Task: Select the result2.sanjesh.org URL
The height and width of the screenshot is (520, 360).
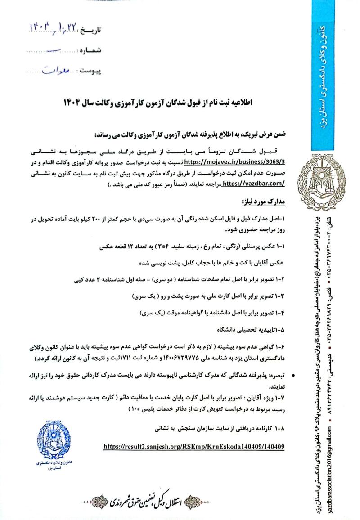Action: pos(194,447)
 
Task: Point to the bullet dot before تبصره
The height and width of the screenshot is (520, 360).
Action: pos(293,374)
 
